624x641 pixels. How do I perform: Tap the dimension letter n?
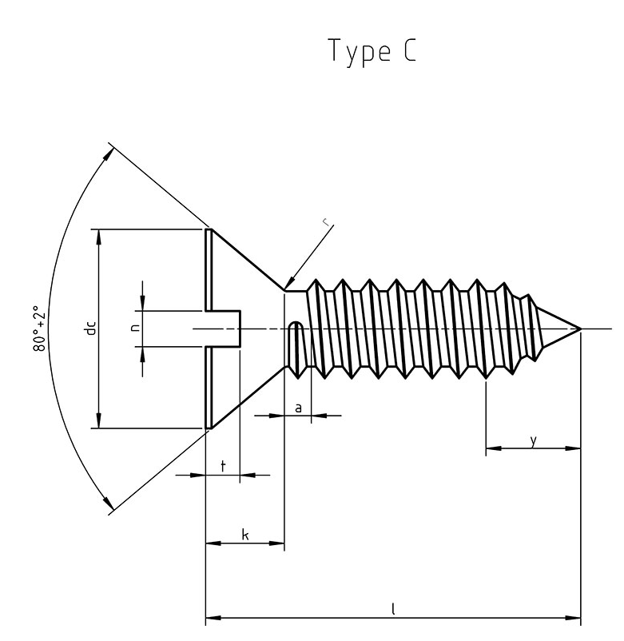pyautogui.click(x=136, y=328)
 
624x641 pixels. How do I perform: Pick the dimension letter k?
pyautogui.click(x=244, y=534)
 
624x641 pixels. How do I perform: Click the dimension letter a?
pyautogui.click(x=298, y=408)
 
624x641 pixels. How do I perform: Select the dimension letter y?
pyautogui.click(x=533, y=440)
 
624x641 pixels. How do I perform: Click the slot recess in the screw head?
pyautogui.click(x=225, y=328)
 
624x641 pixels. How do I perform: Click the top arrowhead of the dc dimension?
pyautogui.click(x=99, y=235)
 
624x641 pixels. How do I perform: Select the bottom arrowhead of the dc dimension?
pyautogui.click(x=99, y=422)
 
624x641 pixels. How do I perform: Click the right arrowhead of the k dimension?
pyautogui.click(x=279, y=543)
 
